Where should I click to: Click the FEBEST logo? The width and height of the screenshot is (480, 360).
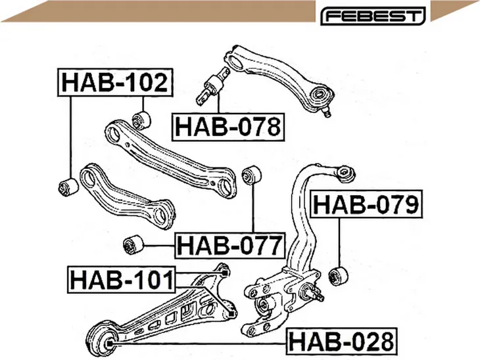click(373, 16)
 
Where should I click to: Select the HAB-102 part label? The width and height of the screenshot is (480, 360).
click(116, 82)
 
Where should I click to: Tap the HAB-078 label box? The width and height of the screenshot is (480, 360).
click(228, 127)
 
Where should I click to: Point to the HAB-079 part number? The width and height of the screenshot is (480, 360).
click(366, 204)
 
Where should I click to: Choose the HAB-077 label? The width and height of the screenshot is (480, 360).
click(230, 245)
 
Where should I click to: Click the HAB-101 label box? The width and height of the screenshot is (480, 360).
click(122, 280)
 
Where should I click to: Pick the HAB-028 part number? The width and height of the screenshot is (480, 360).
click(342, 342)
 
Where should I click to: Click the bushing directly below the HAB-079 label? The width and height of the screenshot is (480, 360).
click(338, 275)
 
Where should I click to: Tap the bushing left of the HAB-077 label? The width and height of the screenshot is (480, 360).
click(133, 244)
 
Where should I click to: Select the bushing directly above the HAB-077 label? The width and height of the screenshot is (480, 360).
click(251, 175)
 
